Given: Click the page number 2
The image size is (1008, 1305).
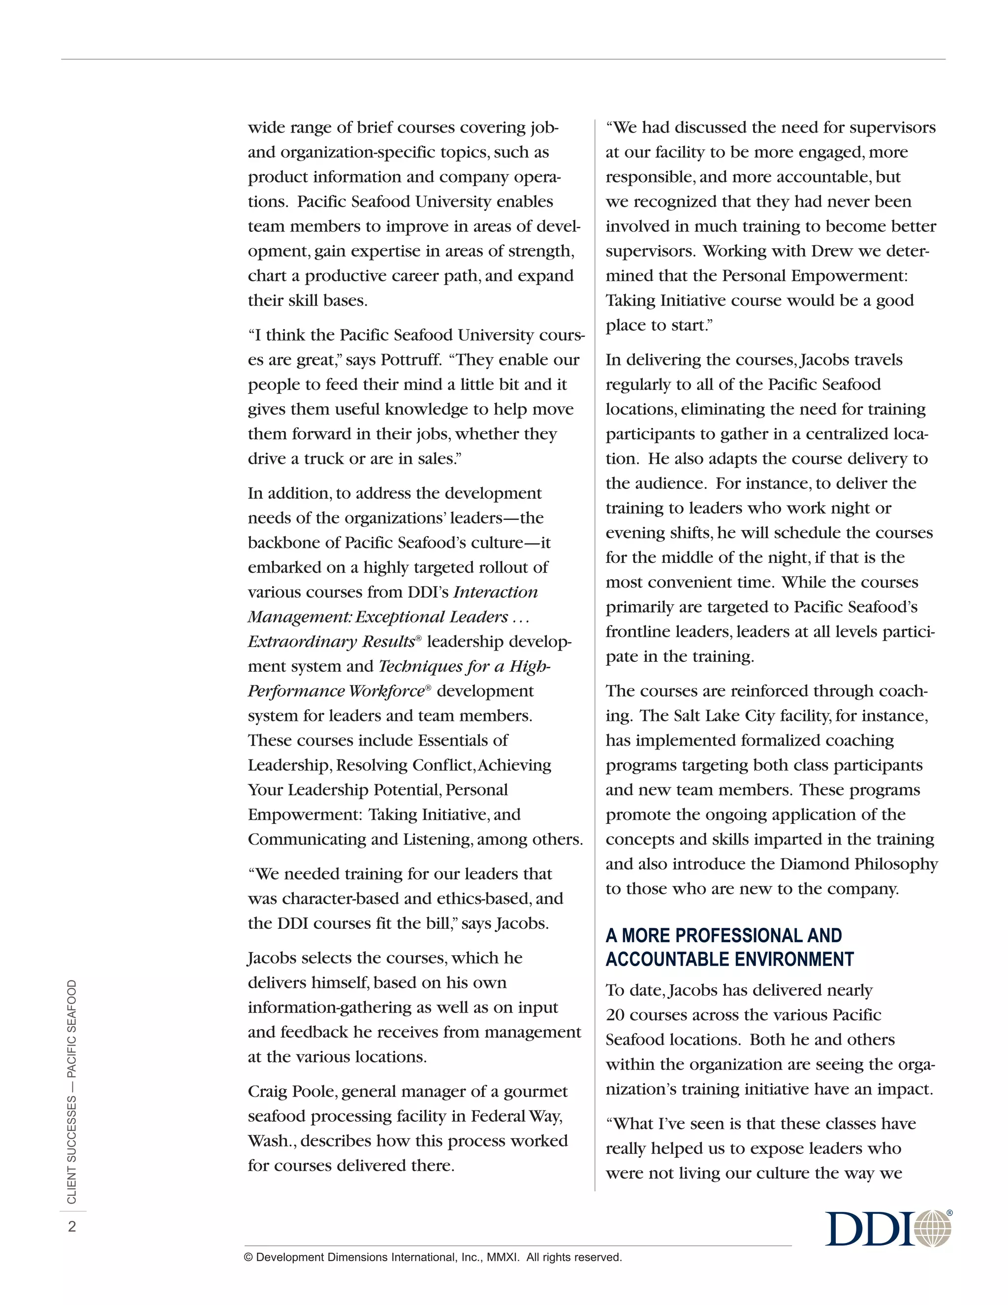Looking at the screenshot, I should click(x=72, y=1227).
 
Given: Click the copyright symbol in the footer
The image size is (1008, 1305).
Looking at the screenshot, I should click(x=249, y=1257).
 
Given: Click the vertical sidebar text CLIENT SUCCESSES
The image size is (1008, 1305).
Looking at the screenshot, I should click(x=72, y=1150).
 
